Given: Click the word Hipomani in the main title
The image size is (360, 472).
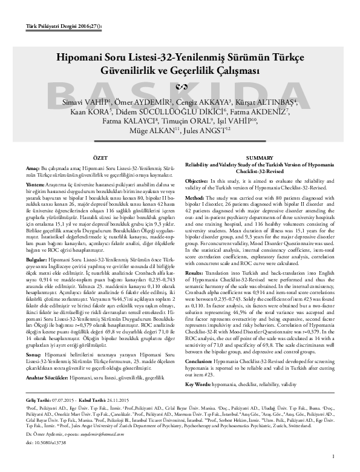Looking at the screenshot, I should (85, 59).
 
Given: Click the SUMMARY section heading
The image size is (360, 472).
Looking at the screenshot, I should (260, 157).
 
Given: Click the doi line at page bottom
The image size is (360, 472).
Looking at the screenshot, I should (46, 442).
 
